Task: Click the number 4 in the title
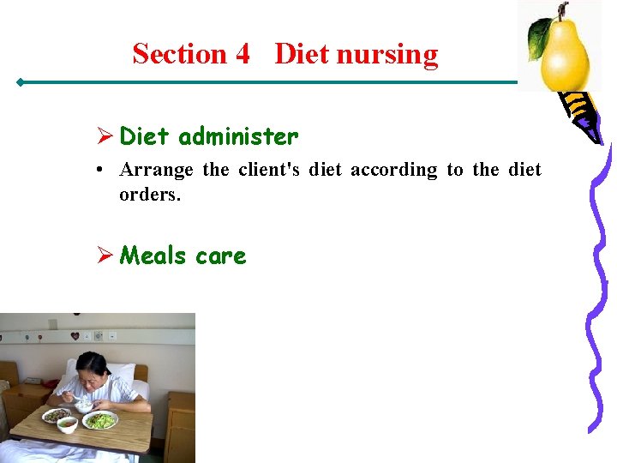coord(241,54)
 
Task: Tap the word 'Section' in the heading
coord(178,54)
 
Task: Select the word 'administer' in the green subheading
coord(238,136)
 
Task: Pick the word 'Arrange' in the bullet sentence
coord(157,170)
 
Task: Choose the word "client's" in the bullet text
coord(269,170)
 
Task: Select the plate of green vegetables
coord(100,420)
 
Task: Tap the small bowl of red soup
coord(68,424)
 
